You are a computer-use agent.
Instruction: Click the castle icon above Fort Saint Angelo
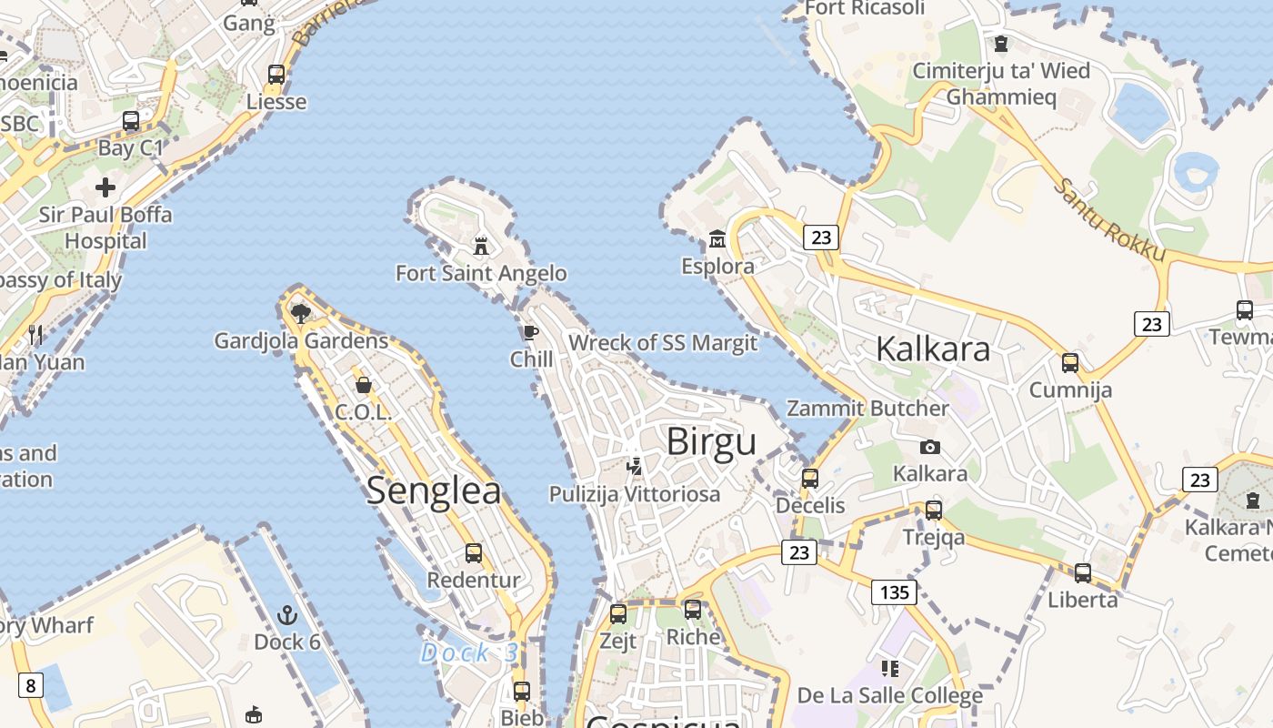[x=481, y=246]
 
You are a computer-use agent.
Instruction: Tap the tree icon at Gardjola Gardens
[x=301, y=314]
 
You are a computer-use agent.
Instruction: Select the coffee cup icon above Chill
[x=531, y=332]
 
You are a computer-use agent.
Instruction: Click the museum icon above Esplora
[x=717, y=239]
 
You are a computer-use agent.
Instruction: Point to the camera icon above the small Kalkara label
[x=929, y=447]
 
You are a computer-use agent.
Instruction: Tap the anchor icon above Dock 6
[x=287, y=615]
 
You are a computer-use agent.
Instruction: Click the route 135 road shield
[x=894, y=592]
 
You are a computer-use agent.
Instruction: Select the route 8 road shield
[x=30, y=684]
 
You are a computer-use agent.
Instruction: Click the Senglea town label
[x=434, y=491]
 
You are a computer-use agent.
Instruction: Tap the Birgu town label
[x=711, y=442]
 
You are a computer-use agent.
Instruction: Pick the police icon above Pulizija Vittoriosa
[x=635, y=467]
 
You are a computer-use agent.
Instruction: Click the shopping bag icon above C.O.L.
[x=364, y=385]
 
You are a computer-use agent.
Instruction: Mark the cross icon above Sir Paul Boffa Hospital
[x=105, y=187]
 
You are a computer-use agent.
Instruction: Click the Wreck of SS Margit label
[x=663, y=343]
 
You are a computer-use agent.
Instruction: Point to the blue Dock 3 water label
[x=469, y=652]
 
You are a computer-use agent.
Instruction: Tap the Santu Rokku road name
[x=1108, y=220]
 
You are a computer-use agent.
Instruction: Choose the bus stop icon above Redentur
[x=474, y=552]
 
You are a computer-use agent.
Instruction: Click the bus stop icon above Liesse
[x=276, y=75]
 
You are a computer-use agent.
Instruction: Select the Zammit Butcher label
[x=867, y=408]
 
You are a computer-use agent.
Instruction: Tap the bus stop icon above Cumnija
[x=1070, y=363]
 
